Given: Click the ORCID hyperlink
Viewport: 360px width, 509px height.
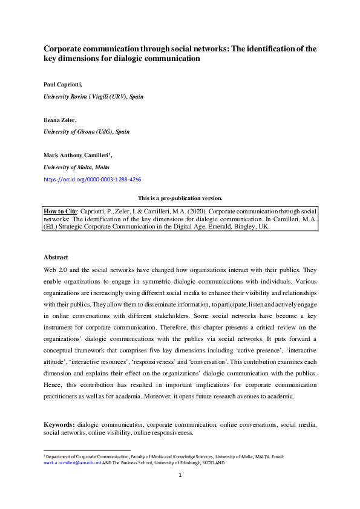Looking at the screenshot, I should [93, 180].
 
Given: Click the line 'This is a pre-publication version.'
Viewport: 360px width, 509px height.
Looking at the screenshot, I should [180, 198].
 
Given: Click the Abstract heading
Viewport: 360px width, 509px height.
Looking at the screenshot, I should [56, 256].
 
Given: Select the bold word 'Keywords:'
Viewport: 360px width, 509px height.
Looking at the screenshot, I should [59, 424].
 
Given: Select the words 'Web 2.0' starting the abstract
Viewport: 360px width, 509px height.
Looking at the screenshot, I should [54, 268].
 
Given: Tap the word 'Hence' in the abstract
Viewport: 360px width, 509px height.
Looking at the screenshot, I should [53, 384].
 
